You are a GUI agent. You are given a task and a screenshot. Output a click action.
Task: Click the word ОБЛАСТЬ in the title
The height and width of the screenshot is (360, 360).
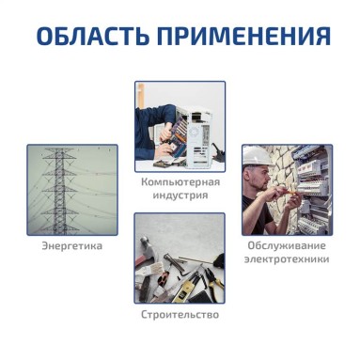coord(92,36)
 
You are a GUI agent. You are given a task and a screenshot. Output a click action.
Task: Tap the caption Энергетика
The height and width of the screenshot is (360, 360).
coord(72,245)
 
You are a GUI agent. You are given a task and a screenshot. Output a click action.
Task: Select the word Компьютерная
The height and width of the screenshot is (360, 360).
coord(180,181)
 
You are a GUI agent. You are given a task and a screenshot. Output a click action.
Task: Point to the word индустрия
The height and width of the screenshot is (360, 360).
coord(180,195)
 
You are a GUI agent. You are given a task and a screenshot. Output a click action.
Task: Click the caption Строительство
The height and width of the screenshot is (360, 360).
coord(180,314)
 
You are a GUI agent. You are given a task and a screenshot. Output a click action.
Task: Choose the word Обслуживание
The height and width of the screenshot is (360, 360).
coord(287,245)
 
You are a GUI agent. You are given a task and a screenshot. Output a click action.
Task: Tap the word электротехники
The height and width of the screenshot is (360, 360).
coord(287,259)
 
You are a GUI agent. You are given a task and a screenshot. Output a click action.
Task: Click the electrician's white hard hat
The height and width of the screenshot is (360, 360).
coord(257,156)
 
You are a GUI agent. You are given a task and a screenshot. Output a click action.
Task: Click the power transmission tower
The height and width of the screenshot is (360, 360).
coord(59,191)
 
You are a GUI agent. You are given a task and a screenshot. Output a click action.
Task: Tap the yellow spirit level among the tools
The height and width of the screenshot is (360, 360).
coord(185,290)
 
